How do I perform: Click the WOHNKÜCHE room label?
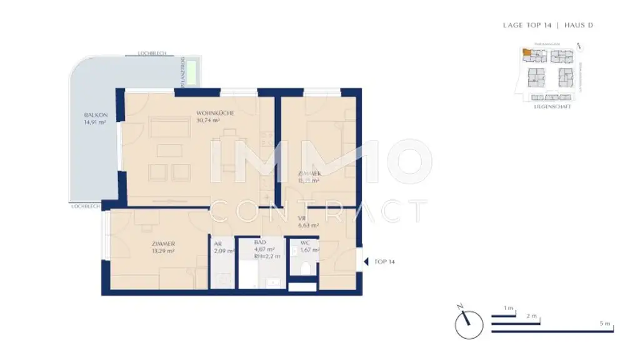coord(214,113)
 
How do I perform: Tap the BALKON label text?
coord(96,116)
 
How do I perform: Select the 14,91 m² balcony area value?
coord(96,123)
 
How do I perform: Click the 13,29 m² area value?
coord(162,251)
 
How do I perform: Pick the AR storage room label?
coord(218,244)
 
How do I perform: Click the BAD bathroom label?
coord(260,242)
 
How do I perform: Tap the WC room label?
coord(306,242)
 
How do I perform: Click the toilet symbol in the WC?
coord(306,269)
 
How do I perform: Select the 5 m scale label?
coord(604,324)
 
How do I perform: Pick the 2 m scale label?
coord(532,316)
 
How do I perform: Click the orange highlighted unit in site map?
coord(528,54)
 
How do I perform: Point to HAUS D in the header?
coord(578,26)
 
